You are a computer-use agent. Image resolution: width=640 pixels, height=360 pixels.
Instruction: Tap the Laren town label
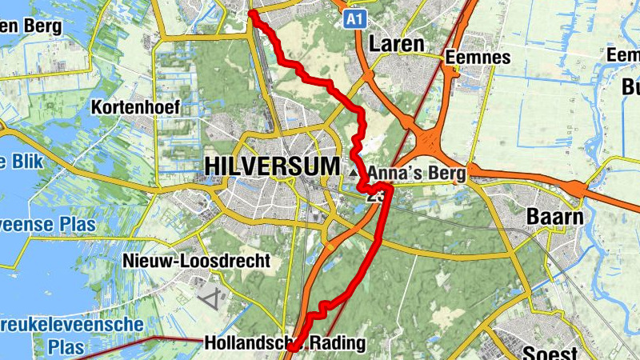click(x=397, y=44)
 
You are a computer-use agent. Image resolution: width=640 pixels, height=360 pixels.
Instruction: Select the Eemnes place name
click(x=478, y=58)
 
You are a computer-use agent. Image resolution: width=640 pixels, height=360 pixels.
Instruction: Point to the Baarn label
click(x=554, y=217)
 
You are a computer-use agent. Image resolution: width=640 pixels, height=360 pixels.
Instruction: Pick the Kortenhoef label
click(x=135, y=107)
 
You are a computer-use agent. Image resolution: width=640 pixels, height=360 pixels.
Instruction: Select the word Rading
click(x=335, y=343)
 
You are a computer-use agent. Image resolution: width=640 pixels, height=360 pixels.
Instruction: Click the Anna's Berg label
click(x=417, y=171)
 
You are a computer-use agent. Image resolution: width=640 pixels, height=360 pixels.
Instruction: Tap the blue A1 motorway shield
click(x=355, y=18)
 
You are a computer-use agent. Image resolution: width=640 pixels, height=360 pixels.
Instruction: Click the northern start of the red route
click(x=252, y=13)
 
